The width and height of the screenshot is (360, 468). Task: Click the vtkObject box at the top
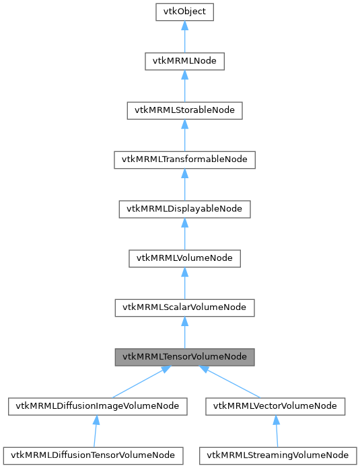pyautogui.click(x=184, y=12)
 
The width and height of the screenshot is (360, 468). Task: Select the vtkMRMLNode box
pyautogui.click(x=184, y=61)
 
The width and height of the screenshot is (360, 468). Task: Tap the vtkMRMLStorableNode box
pyautogui.click(x=184, y=110)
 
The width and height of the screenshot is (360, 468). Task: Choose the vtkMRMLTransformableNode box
pyautogui.click(x=184, y=159)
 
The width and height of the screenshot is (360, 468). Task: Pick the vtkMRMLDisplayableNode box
pyautogui.click(x=184, y=208)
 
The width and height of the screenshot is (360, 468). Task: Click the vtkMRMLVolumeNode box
pyautogui.click(x=184, y=258)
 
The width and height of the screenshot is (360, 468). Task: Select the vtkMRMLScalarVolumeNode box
pyautogui.click(x=184, y=307)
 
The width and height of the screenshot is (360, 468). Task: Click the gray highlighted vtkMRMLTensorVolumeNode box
pyautogui.click(x=184, y=356)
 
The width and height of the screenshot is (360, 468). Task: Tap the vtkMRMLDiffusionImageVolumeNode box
pyautogui.click(x=97, y=405)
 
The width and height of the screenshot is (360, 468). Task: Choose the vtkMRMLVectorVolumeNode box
pyautogui.click(x=276, y=405)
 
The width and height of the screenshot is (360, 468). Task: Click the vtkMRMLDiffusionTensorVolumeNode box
pyautogui.click(x=94, y=455)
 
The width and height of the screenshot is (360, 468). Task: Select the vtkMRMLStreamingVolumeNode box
pyautogui.click(x=276, y=455)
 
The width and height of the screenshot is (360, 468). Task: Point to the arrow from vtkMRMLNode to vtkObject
pyautogui.click(x=184, y=37)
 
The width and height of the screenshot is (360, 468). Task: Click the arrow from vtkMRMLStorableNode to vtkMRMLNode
pyautogui.click(x=184, y=86)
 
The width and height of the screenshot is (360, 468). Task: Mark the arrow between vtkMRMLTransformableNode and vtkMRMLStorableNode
pyautogui.click(x=184, y=135)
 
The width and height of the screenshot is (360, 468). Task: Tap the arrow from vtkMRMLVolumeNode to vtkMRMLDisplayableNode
pyautogui.click(x=184, y=233)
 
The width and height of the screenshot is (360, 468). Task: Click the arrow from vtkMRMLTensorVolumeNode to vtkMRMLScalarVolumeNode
pyautogui.click(x=184, y=332)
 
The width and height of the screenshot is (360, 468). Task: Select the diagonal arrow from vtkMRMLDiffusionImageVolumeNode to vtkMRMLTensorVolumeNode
pyautogui.click(x=139, y=382)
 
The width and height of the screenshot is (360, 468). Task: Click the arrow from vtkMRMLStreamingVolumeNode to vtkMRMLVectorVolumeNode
pyautogui.click(x=276, y=430)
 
